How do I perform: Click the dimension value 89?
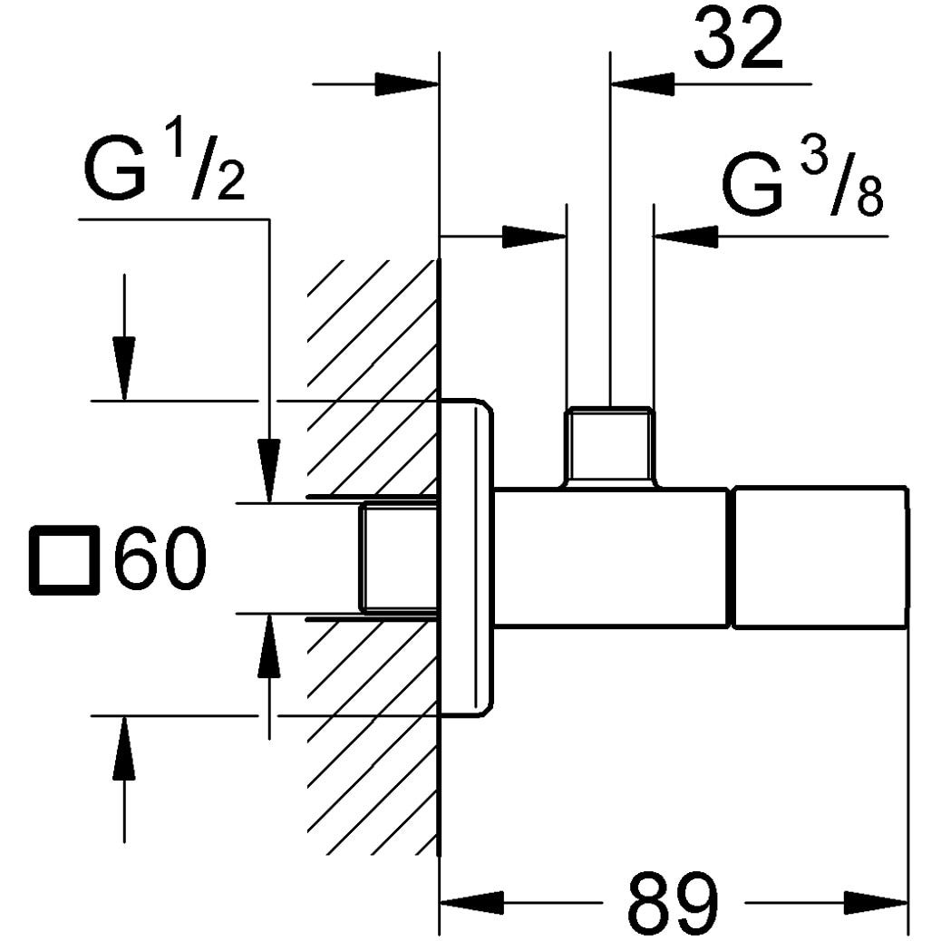(673, 904)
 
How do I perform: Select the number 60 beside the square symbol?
(160, 559)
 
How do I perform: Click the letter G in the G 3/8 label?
(752, 186)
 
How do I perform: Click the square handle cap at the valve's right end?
(819, 558)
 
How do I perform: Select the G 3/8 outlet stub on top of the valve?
(609, 445)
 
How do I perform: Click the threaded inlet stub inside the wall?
(397, 558)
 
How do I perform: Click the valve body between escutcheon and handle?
(611, 558)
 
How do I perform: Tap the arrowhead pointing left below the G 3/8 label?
(684, 238)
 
